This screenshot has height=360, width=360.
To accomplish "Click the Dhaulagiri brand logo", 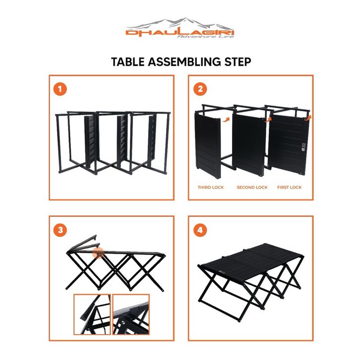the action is (180, 28).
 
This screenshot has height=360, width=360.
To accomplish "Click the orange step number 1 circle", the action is (60, 89).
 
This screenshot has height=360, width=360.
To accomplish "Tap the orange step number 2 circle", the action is (200, 89).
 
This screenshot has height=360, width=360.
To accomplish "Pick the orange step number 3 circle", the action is (60, 230).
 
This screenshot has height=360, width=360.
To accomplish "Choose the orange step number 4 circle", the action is (200, 230).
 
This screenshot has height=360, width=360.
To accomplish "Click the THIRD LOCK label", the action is (211, 187).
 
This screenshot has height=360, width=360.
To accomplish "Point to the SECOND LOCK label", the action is (252, 187).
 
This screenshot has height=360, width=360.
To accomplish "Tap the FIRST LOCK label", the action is (289, 187).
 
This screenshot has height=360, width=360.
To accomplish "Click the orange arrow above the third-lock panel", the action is (226, 120).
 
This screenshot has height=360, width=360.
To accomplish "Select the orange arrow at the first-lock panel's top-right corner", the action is (308, 118).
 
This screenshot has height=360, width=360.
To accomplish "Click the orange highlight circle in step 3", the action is (98, 253).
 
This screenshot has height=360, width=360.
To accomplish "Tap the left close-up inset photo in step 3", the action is (92, 314).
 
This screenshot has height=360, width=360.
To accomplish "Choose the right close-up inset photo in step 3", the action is (131, 314).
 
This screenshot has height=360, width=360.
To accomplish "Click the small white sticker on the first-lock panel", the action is (303, 147).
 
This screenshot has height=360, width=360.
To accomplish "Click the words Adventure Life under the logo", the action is (206, 37).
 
